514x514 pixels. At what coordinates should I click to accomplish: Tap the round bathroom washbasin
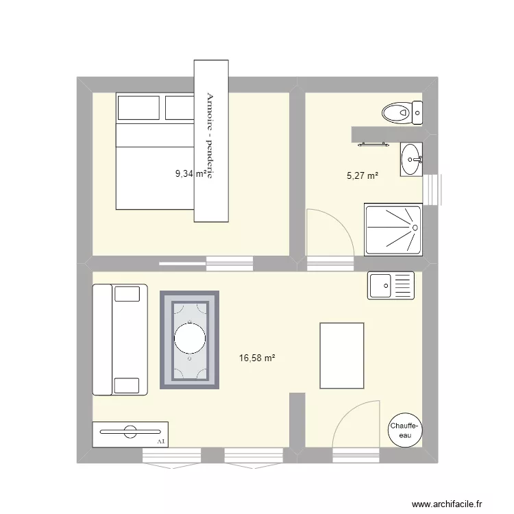(x=411, y=160)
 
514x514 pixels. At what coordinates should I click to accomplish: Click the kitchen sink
(x=391, y=285)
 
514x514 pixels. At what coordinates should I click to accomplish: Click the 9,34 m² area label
(x=191, y=173)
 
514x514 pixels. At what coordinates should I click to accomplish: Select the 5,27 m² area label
(x=363, y=176)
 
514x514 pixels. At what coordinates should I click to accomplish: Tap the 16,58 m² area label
(x=256, y=357)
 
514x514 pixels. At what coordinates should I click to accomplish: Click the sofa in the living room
(x=119, y=340)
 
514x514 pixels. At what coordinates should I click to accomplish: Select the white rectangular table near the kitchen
(x=341, y=356)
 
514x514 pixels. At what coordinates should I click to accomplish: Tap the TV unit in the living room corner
(x=130, y=432)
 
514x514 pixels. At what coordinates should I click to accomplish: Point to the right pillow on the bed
(x=180, y=108)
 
